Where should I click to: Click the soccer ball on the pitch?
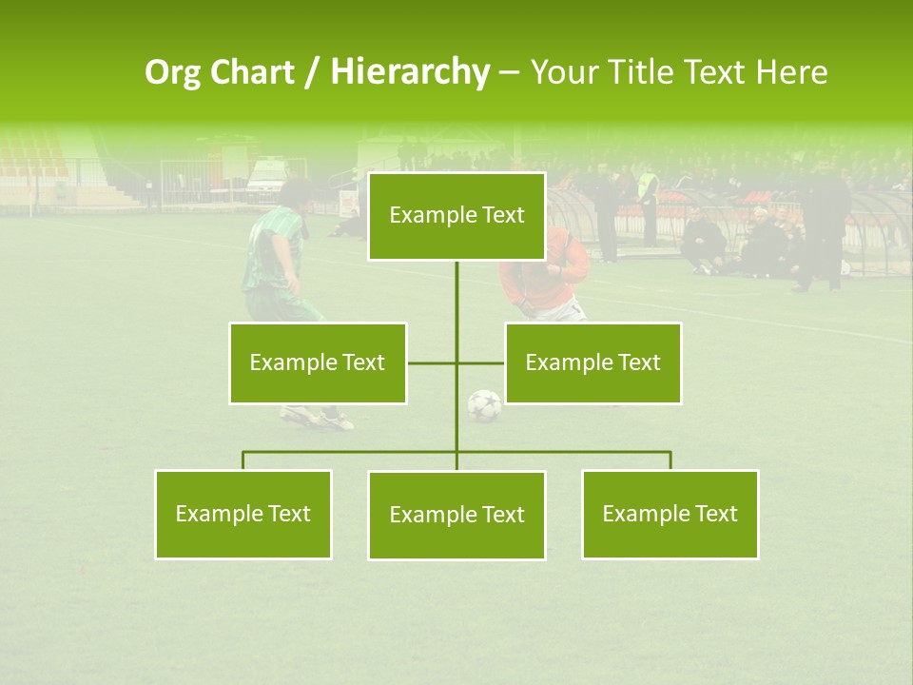click(x=484, y=406)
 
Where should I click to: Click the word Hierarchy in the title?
click(x=409, y=72)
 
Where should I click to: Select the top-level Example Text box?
click(x=456, y=216)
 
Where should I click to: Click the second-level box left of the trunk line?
click(x=317, y=362)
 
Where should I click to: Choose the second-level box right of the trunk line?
click(x=592, y=362)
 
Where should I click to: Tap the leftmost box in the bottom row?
click(x=243, y=514)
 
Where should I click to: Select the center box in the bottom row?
click(x=456, y=515)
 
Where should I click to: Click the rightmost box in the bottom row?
click(x=670, y=514)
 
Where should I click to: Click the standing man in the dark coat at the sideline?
click(x=820, y=224)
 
